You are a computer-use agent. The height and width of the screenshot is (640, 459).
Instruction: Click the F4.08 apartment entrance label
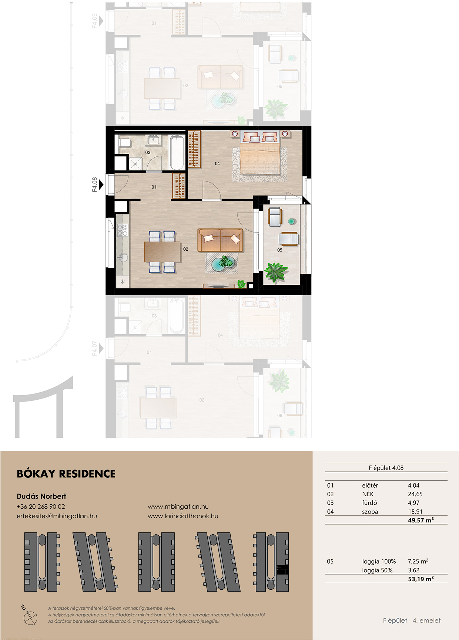(x=95, y=184)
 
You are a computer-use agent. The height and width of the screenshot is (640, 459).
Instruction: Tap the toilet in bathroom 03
(x=124, y=143)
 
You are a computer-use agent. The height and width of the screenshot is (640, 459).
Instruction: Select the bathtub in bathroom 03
(x=177, y=152)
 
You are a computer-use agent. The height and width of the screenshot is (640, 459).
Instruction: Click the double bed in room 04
(x=259, y=153)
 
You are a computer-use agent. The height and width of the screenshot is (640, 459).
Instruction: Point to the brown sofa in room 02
(x=220, y=240)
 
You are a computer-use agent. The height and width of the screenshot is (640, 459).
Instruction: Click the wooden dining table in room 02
(x=162, y=251)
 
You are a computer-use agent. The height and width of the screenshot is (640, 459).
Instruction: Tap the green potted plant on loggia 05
(x=275, y=272)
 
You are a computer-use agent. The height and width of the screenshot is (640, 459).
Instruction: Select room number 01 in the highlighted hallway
(x=154, y=187)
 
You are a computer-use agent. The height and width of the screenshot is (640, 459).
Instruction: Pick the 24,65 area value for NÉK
(x=415, y=494)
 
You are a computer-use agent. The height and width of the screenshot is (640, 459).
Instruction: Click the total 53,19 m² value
(x=421, y=579)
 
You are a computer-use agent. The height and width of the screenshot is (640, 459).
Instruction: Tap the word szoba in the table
(x=370, y=512)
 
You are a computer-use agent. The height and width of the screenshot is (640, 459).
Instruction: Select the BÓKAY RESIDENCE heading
(x=66, y=474)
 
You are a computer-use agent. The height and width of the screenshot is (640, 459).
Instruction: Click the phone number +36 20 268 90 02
(x=41, y=507)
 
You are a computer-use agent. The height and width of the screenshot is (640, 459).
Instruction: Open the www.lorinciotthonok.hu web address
(x=183, y=516)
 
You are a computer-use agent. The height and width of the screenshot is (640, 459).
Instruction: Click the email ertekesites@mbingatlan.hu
(x=57, y=516)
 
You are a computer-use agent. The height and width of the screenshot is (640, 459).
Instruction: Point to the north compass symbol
(x=30, y=615)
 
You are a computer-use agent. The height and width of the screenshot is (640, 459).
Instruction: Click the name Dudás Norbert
(x=41, y=496)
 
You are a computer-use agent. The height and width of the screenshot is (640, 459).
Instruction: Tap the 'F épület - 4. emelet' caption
(x=412, y=620)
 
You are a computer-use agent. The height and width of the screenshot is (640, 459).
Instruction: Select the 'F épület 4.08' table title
(x=386, y=468)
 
